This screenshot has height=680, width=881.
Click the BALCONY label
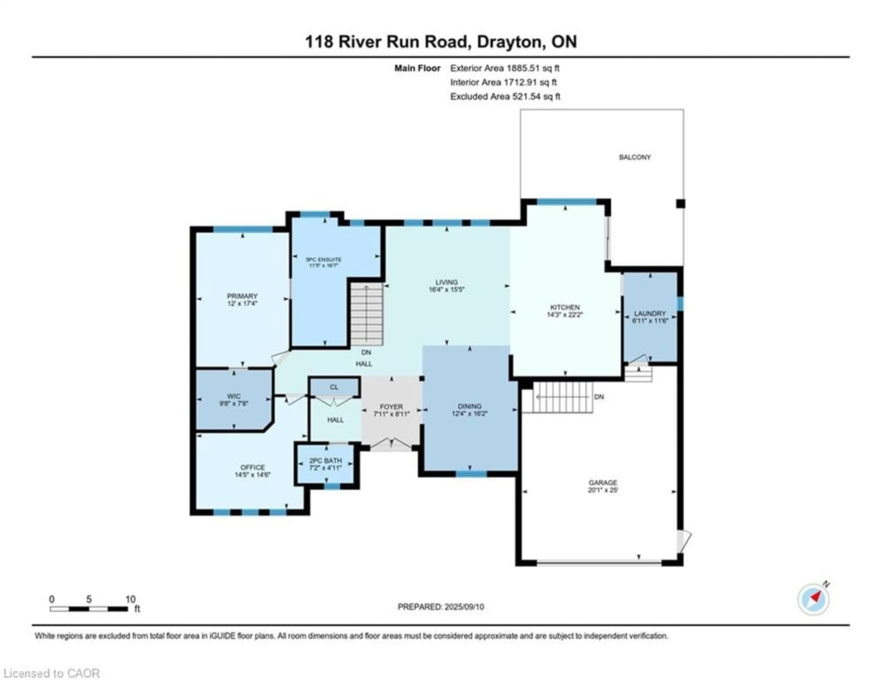coord(635,157)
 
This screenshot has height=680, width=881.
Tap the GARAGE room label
coord(603,482)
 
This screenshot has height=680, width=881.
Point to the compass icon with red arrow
coord(813,599)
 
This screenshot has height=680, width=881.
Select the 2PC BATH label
coord(325,461)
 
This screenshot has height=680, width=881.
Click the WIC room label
coord(234,396)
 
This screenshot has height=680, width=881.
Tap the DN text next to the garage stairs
coord(599,397)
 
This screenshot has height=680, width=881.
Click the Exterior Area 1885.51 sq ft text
coord(505,68)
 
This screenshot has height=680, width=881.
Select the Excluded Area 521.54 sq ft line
coord(505,96)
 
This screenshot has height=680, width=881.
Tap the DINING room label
coord(470,406)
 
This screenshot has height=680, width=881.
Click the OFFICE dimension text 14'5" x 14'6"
coord(253,475)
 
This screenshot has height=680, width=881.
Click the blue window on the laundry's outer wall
coord(680,304)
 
